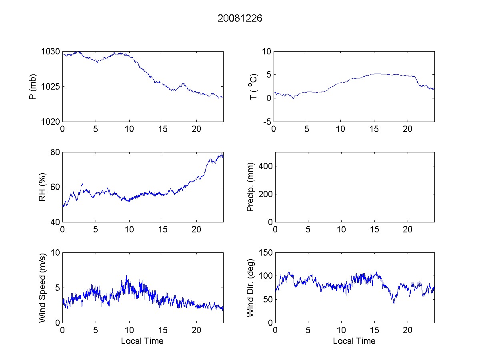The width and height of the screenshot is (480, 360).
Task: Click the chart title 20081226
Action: pos(240,18)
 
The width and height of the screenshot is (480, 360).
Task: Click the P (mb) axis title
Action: pos(33,87)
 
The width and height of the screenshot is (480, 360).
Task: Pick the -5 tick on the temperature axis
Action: pos(266,122)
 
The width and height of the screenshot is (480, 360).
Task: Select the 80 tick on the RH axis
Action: pos(56,152)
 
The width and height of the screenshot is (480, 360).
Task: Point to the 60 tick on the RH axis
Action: pos(56,187)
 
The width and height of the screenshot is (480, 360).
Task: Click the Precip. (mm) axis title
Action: pos(251,187)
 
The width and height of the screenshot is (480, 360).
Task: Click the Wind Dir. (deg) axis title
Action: pos(251,288)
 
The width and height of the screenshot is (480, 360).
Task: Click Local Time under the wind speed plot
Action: pos(142,341)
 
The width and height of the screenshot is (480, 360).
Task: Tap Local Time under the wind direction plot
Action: pos(354,341)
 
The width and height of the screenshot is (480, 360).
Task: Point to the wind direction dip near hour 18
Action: pos(394,302)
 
